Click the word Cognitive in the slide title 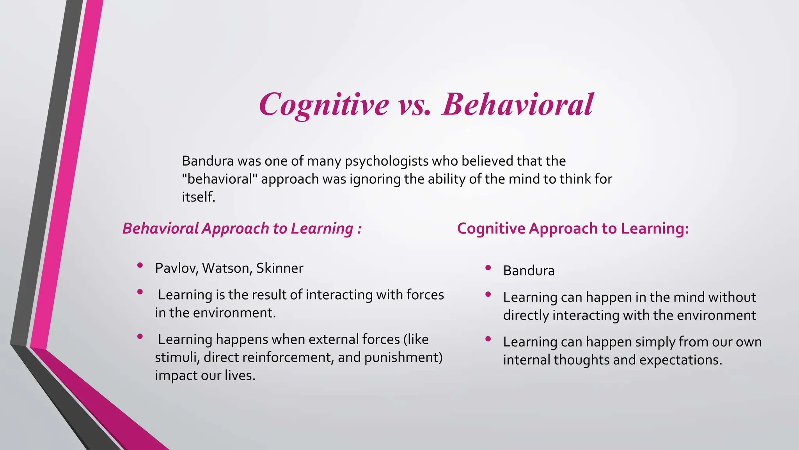(324, 105)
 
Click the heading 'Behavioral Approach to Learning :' (242, 229)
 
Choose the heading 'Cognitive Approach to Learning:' (573, 229)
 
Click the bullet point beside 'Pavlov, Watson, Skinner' (140, 266)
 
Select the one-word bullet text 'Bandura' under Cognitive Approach (529, 271)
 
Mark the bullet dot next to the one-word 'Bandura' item (488, 268)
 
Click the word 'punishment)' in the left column (403, 357)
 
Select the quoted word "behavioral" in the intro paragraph (220, 179)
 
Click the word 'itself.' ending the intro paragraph (199, 197)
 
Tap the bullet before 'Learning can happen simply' (488, 339)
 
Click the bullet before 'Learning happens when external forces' (140, 336)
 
